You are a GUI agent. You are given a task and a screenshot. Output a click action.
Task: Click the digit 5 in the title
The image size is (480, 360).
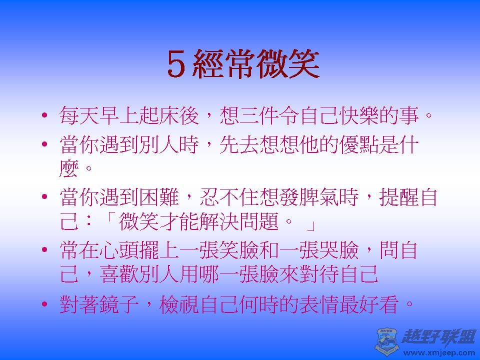tap(176, 64)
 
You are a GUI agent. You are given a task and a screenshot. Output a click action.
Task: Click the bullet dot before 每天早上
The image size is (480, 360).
tap(44, 115)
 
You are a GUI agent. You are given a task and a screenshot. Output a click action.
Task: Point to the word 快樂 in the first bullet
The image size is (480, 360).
tap(359, 115)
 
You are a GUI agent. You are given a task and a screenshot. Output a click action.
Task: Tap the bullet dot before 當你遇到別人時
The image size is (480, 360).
tap(44, 144)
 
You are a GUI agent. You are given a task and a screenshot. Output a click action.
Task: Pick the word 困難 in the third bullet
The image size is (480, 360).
tap(159, 197)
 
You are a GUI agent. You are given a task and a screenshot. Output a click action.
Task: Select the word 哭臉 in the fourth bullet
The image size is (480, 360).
tap(339, 250)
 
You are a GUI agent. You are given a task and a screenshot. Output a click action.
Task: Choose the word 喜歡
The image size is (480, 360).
tap(119, 273)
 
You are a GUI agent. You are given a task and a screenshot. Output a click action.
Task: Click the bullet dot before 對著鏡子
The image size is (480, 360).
tap(44, 304)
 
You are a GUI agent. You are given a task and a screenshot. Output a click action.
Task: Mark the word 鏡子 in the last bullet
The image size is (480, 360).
tap(119, 304)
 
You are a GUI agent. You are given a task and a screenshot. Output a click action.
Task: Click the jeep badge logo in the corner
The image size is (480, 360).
tap(386, 340)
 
